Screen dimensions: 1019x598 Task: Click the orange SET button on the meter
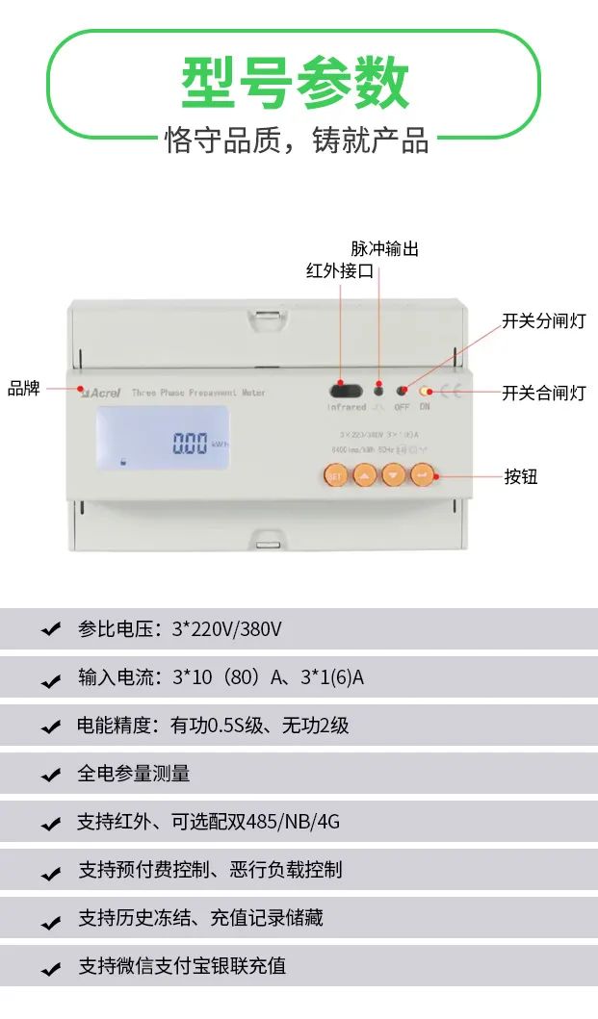click(x=335, y=474)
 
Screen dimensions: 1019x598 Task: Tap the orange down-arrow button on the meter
click(x=393, y=474)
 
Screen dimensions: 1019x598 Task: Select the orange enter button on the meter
click(x=422, y=474)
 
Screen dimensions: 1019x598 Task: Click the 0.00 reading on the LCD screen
click(x=190, y=444)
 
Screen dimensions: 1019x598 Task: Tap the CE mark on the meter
click(x=451, y=391)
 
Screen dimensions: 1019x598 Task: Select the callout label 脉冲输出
click(x=384, y=248)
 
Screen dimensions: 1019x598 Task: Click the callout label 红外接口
click(x=339, y=271)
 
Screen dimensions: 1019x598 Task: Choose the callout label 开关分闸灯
click(x=543, y=320)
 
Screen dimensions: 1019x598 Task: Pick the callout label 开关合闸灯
click(x=543, y=393)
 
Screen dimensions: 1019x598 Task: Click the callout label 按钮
click(x=521, y=476)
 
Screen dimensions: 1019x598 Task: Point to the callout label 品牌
click(x=24, y=389)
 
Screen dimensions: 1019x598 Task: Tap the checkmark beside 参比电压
click(x=51, y=630)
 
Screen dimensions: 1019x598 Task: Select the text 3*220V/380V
click(x=226, y=629)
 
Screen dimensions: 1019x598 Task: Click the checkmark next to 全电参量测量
click(x=51, y=775)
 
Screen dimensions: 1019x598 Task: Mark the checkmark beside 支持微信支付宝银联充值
click(x=51, y=967)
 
